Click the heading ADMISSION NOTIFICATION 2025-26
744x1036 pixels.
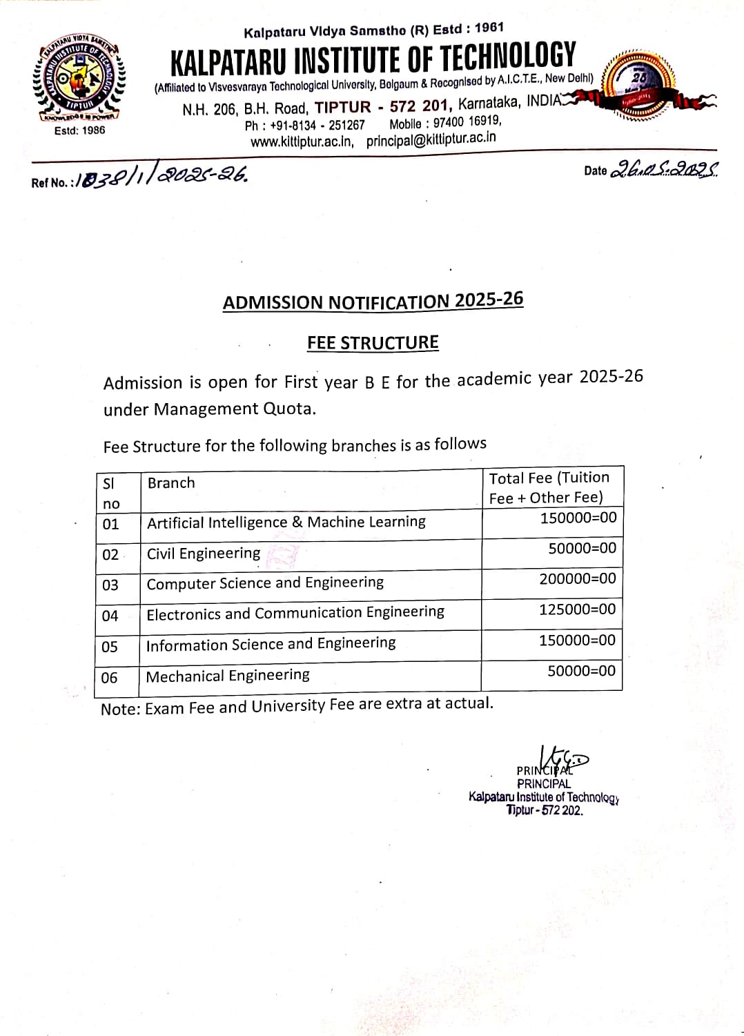(x=373, y=302)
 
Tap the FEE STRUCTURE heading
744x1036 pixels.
(x=373, y=343)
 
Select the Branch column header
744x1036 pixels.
(x=171, y=483)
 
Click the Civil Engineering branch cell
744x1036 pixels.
(x=204, y=554)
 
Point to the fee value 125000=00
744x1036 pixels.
(x=578, y=609)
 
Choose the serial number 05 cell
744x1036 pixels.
(x=110, y=647)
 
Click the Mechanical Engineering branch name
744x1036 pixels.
(x=228, y=676)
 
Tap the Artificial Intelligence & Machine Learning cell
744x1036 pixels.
(x=286, y=522)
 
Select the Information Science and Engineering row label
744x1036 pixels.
(x=271, y=644)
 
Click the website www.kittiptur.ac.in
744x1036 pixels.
(x=302, y=142)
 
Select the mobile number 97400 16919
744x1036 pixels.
(x=467, y=122)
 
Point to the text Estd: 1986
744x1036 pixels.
(x=79, y=130)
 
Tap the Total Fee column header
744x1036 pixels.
(x=549, y=487)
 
